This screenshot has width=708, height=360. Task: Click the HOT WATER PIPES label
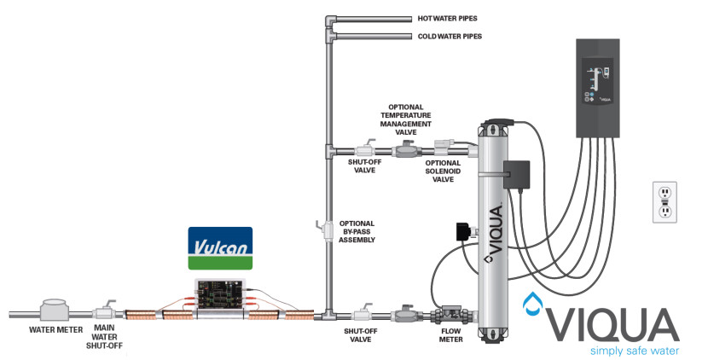(446, 17)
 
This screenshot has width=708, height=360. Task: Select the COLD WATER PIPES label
(449, 37)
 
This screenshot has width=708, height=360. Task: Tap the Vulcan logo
(220, 248)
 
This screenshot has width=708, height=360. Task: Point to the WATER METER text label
(55, 329)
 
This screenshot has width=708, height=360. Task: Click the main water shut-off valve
(108, 311)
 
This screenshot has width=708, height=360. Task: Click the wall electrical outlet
(663, 201)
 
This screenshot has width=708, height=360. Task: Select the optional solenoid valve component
(444, 148)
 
